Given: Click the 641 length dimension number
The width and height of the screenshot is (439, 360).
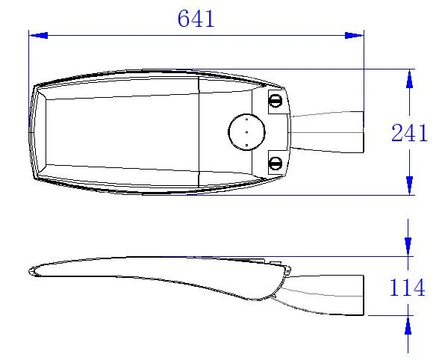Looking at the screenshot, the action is pyautogui.click(x=196, y=19).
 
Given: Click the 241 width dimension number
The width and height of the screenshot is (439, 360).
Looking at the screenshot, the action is pyautogui.click(x=409, y=133).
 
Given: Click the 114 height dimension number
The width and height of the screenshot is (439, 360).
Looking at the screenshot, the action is pyautogui.click(x=408, y=288).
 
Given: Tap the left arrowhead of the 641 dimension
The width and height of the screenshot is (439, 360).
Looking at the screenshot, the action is pyautogui.click(x=38, y=35).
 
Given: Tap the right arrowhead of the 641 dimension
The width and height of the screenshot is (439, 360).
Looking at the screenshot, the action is pyautogui.click(x=354, y=35).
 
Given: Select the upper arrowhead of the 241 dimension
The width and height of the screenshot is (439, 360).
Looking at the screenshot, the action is pyautogui.click(x=409, y=78).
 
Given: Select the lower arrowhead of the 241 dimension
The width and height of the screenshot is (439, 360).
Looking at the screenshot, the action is pyautogui.click(x=409, y=185).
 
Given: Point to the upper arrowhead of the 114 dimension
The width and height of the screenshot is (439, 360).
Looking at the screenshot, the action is pyautogui.click(x=408, y=246).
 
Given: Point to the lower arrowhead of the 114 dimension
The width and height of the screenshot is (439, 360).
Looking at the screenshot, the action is pyautogui.click(x=408, y=325).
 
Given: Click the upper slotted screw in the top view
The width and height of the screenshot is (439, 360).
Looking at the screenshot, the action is pyautogui.click(x=275, y=101).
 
